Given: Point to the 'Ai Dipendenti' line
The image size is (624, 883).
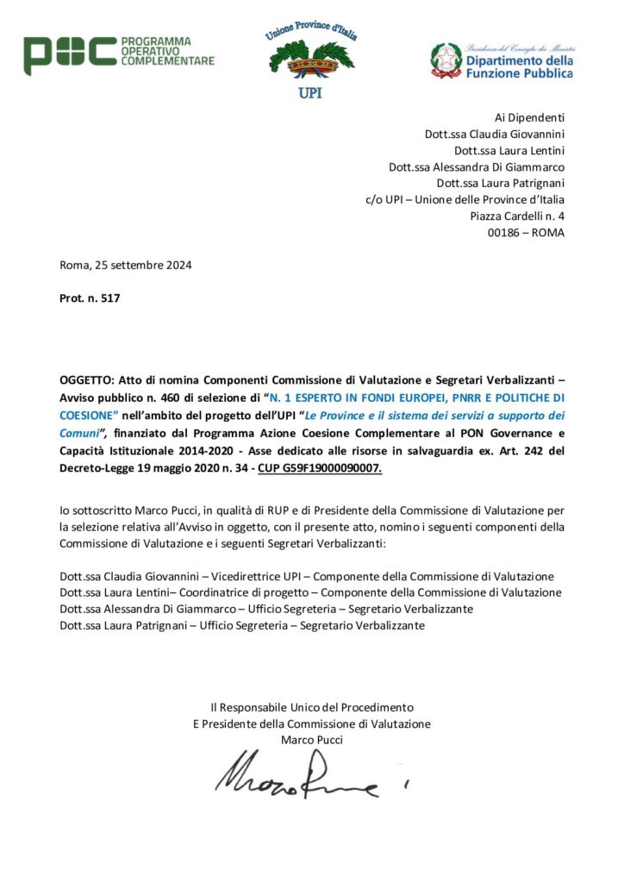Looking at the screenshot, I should pos(529,117).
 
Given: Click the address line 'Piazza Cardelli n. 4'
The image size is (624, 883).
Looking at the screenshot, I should pos(517,216).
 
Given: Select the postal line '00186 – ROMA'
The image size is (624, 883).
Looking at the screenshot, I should pos(523,233).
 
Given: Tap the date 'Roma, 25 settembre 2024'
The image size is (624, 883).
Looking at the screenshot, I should pos(126,265).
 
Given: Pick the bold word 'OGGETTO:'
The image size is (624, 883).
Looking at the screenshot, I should pos(87,380).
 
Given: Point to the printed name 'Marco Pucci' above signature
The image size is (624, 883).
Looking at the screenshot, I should pos(311,740).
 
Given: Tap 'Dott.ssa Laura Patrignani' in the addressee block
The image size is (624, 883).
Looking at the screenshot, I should pos(501,183).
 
